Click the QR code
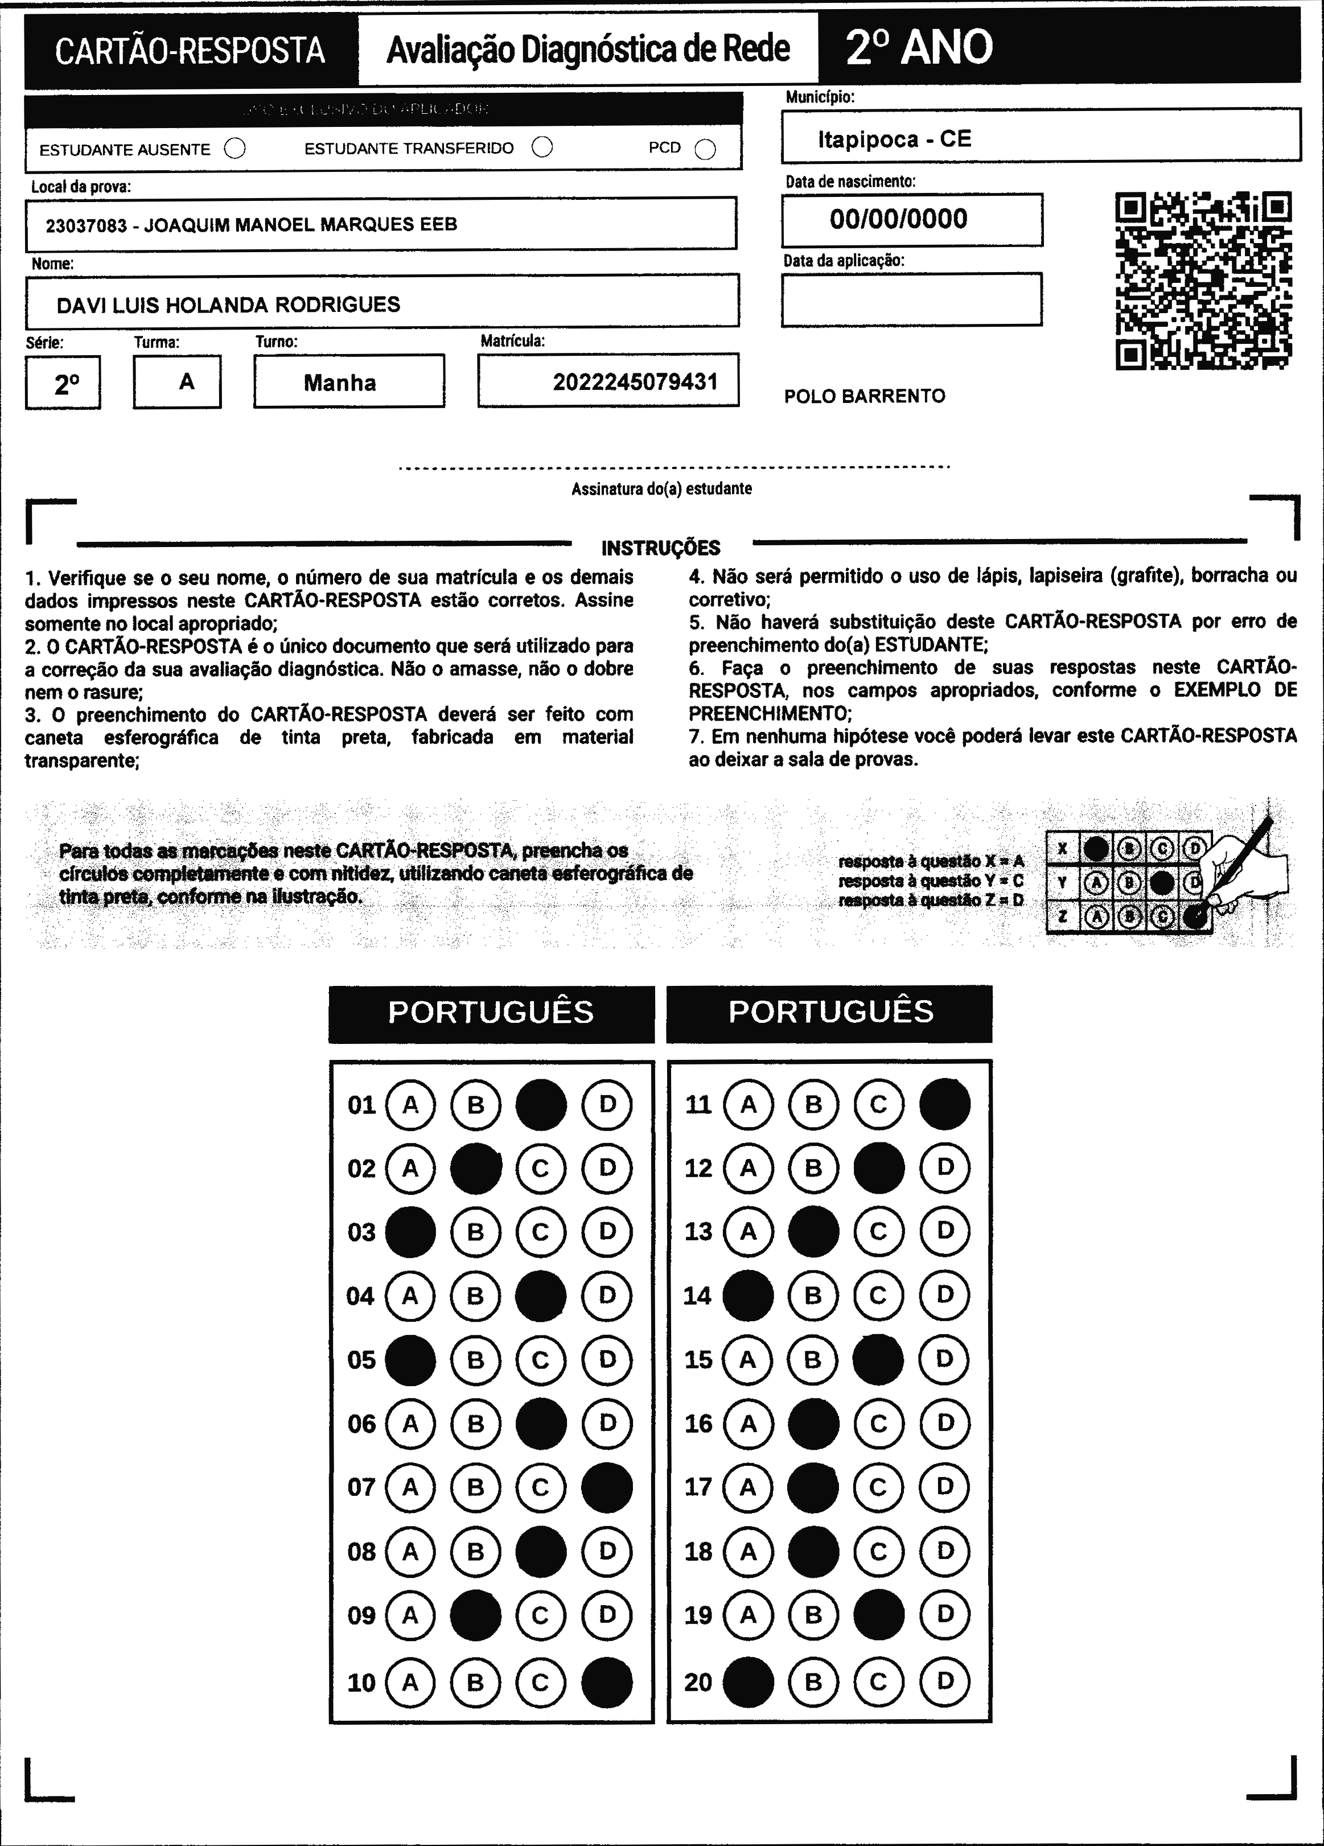point(1203,281)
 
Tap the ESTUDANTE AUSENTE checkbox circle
point(235,148)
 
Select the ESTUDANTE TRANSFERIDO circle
point(542,147)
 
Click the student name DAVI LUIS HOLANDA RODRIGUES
point(229,305)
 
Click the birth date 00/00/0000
point(898,219)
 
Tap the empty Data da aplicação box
point(911,299)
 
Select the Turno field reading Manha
point(340,383)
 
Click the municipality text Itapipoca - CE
point(894,139)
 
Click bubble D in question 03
point(607,1231)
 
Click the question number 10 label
point(361,1683)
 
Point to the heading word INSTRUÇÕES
point(661,548)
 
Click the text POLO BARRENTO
point(864,396)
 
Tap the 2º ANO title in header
point(919,47)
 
